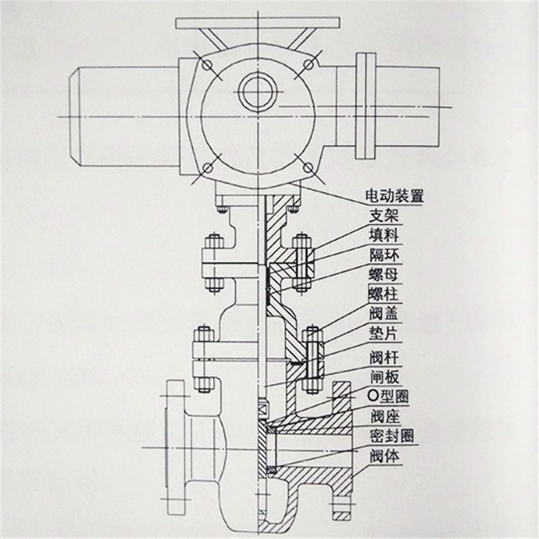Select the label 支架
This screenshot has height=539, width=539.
[x=385, y=216]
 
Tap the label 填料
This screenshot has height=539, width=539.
[x=385, y=235]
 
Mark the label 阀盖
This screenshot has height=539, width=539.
[x=385, y=313]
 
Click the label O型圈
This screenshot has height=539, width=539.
[x=390, y=395]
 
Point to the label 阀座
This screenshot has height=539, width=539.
[x=385, y=415]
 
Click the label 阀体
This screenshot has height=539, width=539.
[x=385, y=455]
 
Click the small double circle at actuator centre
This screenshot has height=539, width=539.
[x=257, y=92]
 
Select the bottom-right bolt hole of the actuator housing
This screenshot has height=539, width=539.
[x=309, y=166]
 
